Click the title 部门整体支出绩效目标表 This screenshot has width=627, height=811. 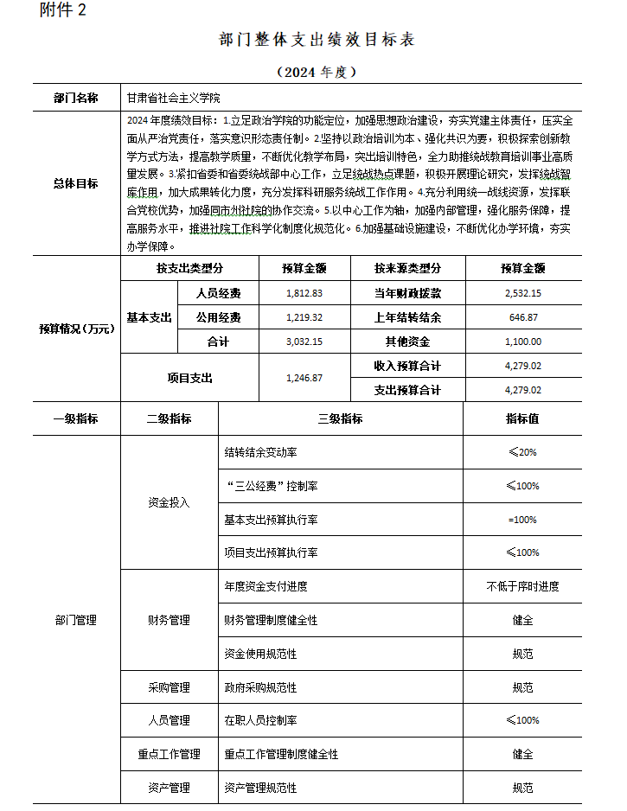(x=317, y=41)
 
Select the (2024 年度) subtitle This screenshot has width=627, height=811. (x=317, y=72)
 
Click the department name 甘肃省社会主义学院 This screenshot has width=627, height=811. (x=173, y=99)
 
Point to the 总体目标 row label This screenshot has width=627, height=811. (x=76, y=183)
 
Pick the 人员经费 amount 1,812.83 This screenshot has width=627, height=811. (x=304, y=293)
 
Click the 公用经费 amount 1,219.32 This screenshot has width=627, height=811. (x=304, y=317)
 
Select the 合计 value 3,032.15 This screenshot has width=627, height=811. (x=304, y=342)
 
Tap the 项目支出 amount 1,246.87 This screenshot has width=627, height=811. (x=304, y=378)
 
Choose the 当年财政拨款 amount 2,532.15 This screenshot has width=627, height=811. (x=522, y=293)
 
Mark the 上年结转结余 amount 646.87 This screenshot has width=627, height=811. (x=522, y=317)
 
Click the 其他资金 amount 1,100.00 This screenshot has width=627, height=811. (x=522, y=342)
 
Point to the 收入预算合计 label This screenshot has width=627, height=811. (x=407, y=366)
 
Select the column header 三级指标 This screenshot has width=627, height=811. (x=340, y=418)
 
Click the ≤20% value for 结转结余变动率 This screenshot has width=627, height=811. (x=522, y=452)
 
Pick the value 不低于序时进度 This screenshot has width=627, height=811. (x=522, y=586)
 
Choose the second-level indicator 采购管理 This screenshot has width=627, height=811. (x=169, y=687)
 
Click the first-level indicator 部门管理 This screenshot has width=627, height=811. (x=76, y=620)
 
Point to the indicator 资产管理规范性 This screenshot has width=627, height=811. (x=260, y=788)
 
